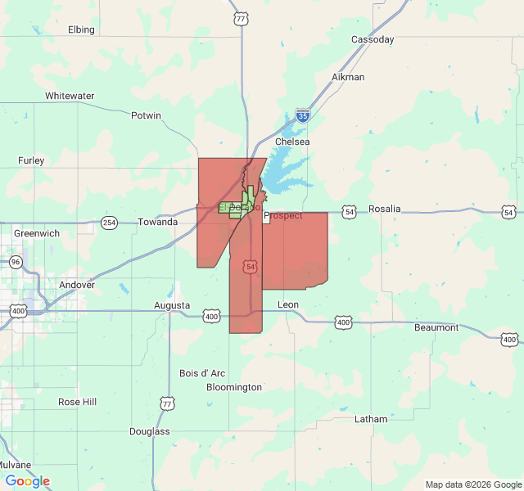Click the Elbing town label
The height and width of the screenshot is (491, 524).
click(81, 29)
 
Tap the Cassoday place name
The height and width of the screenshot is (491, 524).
click(373, 39)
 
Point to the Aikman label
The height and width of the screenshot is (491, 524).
click(348, 77)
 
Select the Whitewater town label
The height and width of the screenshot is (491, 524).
click(70, 96)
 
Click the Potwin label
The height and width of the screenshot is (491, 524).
click(146, 115)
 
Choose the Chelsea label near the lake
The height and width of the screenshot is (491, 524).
click(292, 142)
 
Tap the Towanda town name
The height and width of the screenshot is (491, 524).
click(157, 222)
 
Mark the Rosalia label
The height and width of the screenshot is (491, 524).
click(385, 209)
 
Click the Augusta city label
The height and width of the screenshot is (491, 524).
click(172, 305)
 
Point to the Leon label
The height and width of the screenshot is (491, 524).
click(288, 304)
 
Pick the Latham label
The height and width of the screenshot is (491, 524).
click(371, 419)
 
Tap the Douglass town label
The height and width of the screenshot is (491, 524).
click(150, 430)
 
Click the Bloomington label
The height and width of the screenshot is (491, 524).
click(234, 387)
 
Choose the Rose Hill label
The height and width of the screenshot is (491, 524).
click(77, 402)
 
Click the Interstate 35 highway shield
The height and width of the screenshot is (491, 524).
click(303, 116)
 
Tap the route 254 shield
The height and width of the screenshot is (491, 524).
click(109, 223)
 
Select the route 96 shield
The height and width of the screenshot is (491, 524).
click(16, 262)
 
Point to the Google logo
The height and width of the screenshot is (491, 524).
click(28, 481)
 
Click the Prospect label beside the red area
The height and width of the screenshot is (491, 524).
click(283, 215)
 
